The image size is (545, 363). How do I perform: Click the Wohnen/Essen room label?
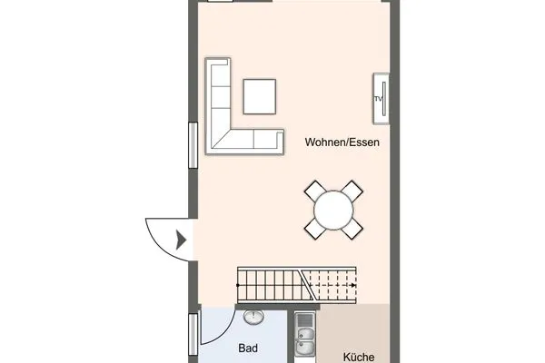coord(342,142)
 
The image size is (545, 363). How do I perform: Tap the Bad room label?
coord(248,348)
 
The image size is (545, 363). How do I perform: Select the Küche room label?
coord(359,357)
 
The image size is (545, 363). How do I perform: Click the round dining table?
coord(333,211)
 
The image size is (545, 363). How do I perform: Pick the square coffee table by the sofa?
coord(260,96)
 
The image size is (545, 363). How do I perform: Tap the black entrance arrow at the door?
coord(181,240)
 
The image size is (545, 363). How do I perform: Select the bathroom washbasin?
coord(253,317)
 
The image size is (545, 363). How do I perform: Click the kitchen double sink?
coord(305,341)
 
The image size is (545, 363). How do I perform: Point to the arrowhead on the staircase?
coord(353,285)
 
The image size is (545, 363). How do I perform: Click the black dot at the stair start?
coord(238,285)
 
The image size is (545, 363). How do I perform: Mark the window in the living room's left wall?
coord(193,145)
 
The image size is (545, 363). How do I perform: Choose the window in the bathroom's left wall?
coord(193,334)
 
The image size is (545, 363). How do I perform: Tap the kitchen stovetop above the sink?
coord(305,319)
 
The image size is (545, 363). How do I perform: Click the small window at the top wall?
coord(220,1)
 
